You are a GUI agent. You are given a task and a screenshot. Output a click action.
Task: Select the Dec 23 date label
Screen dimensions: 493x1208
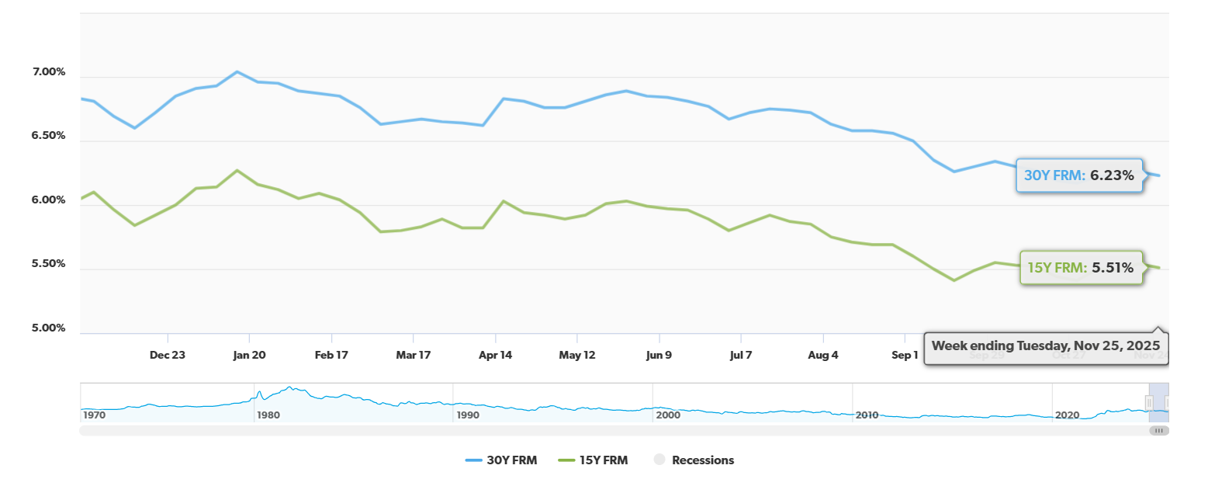tap(168, 355)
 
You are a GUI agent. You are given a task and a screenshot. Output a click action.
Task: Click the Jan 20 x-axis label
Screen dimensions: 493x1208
tap(249, 355)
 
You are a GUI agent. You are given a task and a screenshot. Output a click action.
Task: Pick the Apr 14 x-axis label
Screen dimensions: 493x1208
tap(495, 355)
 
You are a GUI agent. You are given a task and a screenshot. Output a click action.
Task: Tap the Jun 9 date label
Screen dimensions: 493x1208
tap(659, 355)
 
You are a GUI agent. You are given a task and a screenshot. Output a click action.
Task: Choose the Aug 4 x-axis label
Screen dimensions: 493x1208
tap(823, 355)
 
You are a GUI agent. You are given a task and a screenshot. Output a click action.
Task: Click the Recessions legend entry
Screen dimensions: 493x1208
tap(693, 460)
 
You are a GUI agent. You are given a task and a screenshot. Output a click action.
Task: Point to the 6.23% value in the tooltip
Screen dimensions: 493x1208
tap(1112, 175)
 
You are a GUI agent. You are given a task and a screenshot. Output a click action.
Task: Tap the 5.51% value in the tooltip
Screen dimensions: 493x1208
tap(1113, 268)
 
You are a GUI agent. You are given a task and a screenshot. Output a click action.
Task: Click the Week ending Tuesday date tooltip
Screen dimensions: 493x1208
tap(1046, 345)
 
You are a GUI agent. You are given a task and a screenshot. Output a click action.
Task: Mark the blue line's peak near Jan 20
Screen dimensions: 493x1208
tap(237, 71)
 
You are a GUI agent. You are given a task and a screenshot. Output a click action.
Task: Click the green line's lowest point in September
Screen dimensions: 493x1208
tap(954, 280)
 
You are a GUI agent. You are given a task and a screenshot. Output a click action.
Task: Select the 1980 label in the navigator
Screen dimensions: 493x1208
tap(268, 415)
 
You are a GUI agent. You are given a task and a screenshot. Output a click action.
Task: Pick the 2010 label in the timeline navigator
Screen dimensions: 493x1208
tap(867, 415)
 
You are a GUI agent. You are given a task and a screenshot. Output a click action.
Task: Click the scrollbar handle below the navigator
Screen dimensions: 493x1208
tap(1158, 430)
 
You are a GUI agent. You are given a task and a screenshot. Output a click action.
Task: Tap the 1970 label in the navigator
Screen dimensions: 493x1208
tap(94, 415)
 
